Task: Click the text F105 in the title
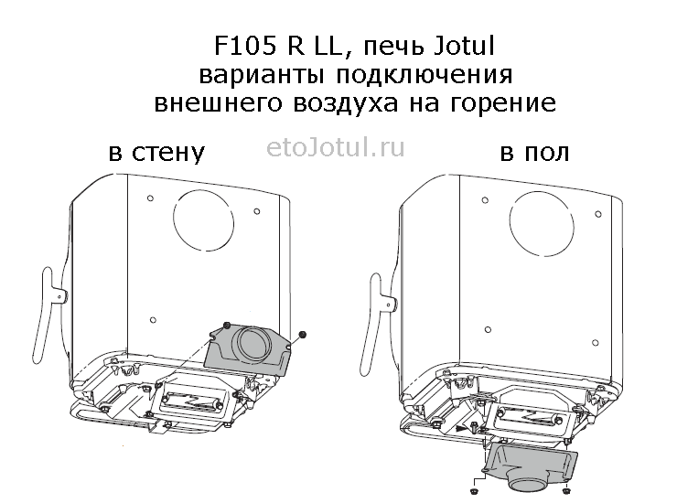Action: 245,46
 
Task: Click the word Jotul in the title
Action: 463,46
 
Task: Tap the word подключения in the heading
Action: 424,75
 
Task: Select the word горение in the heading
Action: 503,103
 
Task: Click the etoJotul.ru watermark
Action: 336,147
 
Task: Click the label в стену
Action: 156,153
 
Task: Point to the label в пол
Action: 534,153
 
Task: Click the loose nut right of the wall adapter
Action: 303,334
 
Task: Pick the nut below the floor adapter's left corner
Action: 474,491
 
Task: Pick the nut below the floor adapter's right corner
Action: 567,490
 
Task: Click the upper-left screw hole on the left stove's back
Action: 150,198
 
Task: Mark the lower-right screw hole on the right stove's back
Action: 596,343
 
